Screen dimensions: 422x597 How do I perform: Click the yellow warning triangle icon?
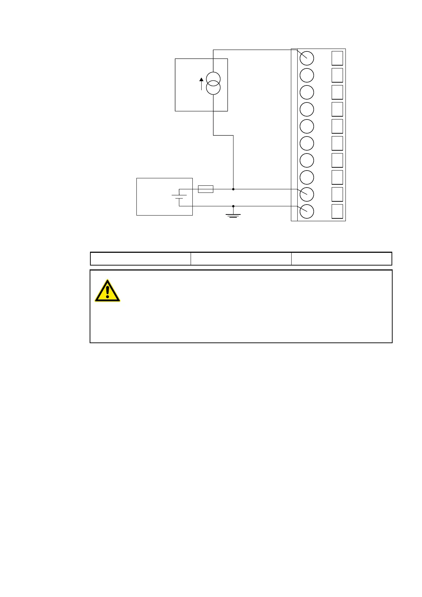pyautogui.click(x=107, y=291)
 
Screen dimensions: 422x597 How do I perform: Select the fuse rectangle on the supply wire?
pyautogui.click(x=206, y=189)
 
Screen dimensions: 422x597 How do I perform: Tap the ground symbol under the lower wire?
pyautogui.click(x=233, y=215)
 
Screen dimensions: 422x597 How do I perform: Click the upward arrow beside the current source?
pyautogui.click(x=202, y=84)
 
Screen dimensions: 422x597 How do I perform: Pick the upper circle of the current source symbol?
pyautogui.click(x=213, y=79)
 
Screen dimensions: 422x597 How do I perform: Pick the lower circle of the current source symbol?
pyautogui.click(x=213, y=88)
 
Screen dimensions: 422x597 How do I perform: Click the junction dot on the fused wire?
pyautogui.click(x=233, y=189)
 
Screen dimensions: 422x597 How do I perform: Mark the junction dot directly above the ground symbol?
pyautogui.click(x=233, y=206)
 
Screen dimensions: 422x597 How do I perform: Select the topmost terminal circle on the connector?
pyautogui.click(x=307, y=58)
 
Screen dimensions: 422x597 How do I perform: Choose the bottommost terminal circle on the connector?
pyautogui.click(x=307, y=211)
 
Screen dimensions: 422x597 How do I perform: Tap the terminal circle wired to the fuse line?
pyautogui.click(x=307, y=194)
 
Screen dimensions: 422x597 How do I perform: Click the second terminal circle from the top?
pyautogui.click(x=307, y=75)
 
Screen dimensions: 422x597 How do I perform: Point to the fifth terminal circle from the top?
pyautogui.click(x=307, y=126)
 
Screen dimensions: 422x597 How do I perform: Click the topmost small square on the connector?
pyautogui.click(x=337, y=58)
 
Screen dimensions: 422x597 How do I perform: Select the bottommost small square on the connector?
pyautogui.click(x=337, y=211)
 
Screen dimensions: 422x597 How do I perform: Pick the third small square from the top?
pyautogui.click(x=337, y=92)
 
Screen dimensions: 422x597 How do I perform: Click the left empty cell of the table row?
pyautogui.click(x=141, y=259)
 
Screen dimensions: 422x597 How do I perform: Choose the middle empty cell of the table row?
pyautogui.click(x=241, y=259)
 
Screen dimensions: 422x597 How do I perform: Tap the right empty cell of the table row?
pyautogui.click(x=342, y=259)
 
